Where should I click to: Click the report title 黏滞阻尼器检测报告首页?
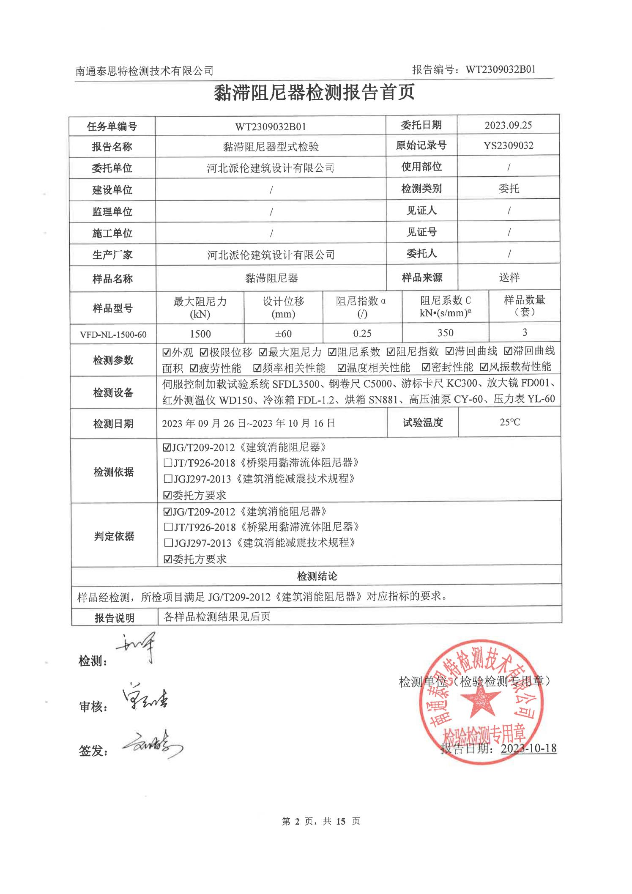click(314, 93)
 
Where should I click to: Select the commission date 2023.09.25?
click(508, 125)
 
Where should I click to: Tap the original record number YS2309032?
click(508, 146)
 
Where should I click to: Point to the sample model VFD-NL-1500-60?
click(113, 335)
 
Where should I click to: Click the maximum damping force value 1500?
click(200, 334)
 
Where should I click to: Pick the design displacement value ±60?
click(283, 334)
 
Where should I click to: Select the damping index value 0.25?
click(362, 333)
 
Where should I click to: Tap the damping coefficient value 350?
click(445, 333)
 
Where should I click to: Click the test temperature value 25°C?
click(509, 422)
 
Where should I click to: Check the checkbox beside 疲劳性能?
click(194, 368)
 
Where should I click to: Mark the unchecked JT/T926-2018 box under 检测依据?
click(168, 463)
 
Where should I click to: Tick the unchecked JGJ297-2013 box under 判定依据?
click(168, 543)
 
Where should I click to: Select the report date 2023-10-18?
click(528, 748)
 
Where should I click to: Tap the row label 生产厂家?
click(112, 255)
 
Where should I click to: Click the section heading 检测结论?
click(317, 576)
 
